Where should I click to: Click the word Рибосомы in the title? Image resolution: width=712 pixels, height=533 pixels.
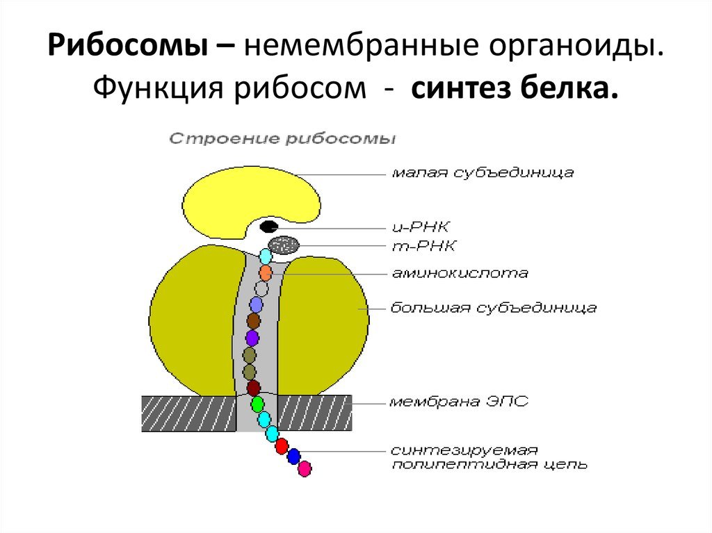(127, 46)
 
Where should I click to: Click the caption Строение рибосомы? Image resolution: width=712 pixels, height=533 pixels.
(282, 138)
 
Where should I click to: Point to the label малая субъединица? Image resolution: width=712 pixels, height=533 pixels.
(483, 172)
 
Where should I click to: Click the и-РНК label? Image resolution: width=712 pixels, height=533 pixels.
(421, 227)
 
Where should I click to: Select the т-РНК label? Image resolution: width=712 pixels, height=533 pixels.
(423, 246)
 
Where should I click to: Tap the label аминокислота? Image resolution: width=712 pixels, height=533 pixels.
(460, 273)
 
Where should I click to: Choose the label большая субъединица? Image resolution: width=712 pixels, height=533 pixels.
(494, 308)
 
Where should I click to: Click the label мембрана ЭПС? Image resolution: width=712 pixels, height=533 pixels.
(459, 402)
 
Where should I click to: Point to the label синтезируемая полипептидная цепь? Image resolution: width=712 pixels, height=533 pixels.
(489, 457)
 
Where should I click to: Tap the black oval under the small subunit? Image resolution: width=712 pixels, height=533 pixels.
(269, 226)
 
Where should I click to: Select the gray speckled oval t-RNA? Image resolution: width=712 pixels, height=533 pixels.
(284, 245)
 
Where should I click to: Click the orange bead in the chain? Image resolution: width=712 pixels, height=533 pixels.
(266, 273)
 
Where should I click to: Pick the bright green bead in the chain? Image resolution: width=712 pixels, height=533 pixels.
(257, 404)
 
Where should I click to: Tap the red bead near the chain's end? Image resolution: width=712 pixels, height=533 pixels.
(282, 446)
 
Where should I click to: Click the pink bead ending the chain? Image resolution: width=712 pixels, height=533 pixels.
(305, 468)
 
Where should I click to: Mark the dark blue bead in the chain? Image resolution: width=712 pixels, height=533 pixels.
(294, 456)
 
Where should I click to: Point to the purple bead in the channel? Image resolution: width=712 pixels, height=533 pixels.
(252, 338)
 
